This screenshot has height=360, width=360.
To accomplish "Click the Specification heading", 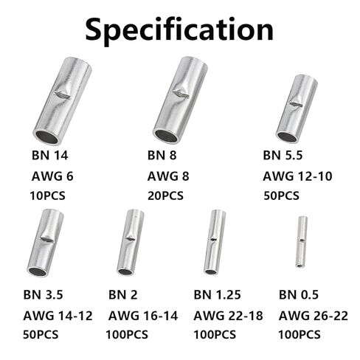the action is click(x=179, y=30).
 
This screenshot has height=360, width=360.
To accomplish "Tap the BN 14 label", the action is click(x=49, y=156).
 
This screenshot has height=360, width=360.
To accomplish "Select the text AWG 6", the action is click(x=52, y=176).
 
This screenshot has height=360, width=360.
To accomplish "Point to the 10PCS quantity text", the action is click(x=47, y=196).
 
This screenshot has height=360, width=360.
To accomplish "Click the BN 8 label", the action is click(x=162, y=156).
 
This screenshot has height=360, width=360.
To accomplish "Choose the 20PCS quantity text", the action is click(x=165, y=196).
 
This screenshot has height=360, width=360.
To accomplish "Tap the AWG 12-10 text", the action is click(x=297, y=176).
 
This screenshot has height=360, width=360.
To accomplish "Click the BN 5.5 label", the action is click(x=283, y=156).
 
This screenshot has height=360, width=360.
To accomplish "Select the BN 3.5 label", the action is click(x=43, y=294).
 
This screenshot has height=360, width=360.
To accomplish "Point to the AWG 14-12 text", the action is click(x=58, y=316).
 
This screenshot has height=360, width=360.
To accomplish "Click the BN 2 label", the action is click(x=122, y=294).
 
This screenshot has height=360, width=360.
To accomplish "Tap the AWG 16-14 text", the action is click(x=143, y=316).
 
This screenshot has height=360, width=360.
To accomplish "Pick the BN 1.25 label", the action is click(x=217, y=294).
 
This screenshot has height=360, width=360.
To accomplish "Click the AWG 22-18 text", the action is click(x=228, y=316).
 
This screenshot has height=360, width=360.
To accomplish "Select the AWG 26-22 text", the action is click(x=314, y=316).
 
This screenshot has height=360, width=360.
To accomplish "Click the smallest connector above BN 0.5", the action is click(x=302, y=242).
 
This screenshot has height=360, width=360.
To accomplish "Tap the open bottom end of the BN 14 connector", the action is click(x=46, y=137).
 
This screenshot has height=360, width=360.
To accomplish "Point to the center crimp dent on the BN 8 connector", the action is click(x=180, y=93).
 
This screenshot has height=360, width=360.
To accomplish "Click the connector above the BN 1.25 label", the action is click(x=215, y=242).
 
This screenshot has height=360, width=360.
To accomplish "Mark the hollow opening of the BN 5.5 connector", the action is click(x=286, y=137).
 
